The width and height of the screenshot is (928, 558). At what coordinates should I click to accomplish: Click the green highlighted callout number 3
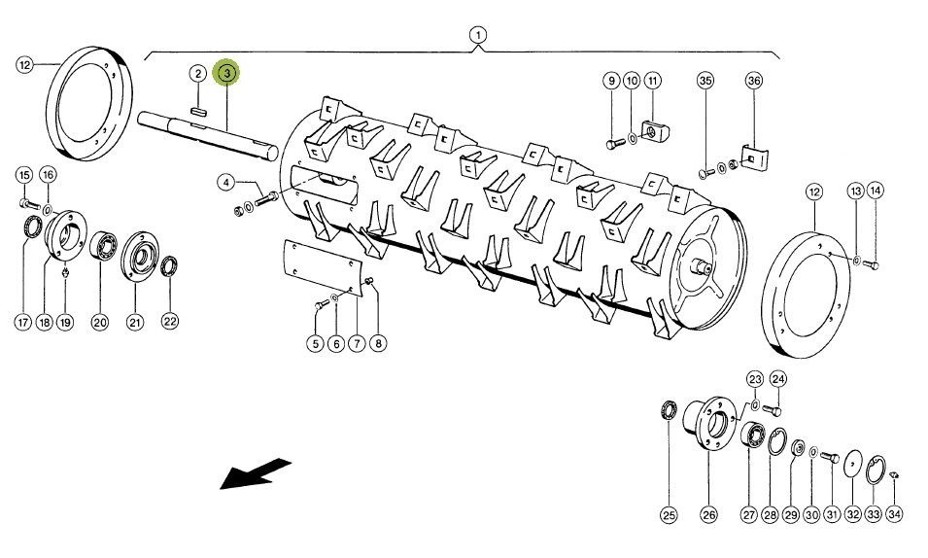pos(227,74)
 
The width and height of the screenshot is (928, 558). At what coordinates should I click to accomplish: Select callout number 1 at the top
pos(478,35)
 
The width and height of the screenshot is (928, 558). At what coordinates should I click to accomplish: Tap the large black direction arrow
pos(256,473)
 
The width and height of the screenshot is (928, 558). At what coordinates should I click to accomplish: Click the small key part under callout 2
pos(198,111)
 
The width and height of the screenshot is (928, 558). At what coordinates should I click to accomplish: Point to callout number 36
pos(753,81)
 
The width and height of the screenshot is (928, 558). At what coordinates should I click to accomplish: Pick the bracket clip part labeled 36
pos(755,157)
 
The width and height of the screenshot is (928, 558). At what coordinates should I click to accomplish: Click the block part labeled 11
pos(655,131)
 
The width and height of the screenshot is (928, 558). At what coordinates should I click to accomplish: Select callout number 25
pos(669,515)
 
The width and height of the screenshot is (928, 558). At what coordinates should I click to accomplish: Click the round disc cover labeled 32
pos(853,462)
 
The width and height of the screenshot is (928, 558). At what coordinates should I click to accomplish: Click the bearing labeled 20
pos(104,246)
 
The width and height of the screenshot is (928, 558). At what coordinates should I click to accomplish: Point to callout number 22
pos(170,321)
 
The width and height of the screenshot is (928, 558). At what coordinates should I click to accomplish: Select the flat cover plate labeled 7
pos(323,268)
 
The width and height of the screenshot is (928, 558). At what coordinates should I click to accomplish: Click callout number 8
pos(378,343)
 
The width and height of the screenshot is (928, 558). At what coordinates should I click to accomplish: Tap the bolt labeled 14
pos(872,264)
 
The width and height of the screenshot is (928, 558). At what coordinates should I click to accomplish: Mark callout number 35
pos(705,81)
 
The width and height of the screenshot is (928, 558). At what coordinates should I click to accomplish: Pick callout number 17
pos(22,322)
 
